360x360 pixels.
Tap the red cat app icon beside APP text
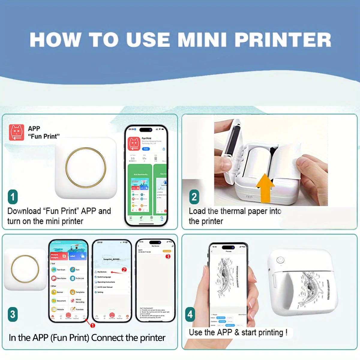[x=16, y=132]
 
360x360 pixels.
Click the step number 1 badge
[x=13, y=197]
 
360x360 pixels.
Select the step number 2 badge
[x=194, y=197]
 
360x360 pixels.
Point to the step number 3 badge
[x=13, y=314]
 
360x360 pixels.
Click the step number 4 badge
[x=190, y=314]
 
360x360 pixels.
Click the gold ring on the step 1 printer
[x=86, y=167]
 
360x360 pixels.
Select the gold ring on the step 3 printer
[x=25, y=269]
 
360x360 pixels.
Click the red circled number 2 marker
[x=124, y=270]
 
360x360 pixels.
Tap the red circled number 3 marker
[x=168, y=256]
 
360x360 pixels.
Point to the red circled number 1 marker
[x=93, y=325]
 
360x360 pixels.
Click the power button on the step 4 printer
[x=280, y=260]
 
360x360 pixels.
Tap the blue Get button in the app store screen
[x=145, y=149]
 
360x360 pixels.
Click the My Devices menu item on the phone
[x=102, y=272]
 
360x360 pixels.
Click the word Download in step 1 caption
[x=24, y=211]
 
